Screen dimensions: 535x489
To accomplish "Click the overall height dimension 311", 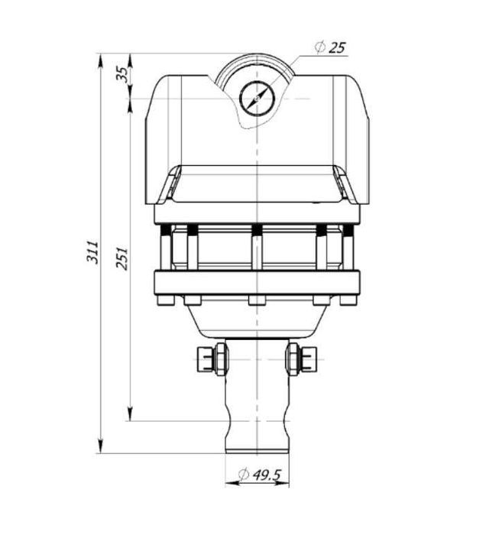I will point(92,252).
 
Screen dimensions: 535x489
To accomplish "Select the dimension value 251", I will point(121,257).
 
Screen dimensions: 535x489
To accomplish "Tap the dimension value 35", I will point(121,75).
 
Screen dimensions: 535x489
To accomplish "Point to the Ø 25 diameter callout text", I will point(330,47).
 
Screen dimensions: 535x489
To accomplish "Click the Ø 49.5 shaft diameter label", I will point(260,475).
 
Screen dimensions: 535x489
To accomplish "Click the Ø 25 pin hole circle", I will point(257,99).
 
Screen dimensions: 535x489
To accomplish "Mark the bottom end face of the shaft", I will point(257,452).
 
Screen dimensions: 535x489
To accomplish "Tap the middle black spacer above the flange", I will point(257,230).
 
